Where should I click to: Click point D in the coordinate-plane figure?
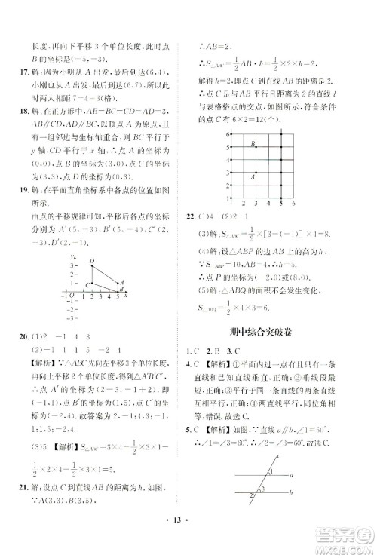pos(92,262)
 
